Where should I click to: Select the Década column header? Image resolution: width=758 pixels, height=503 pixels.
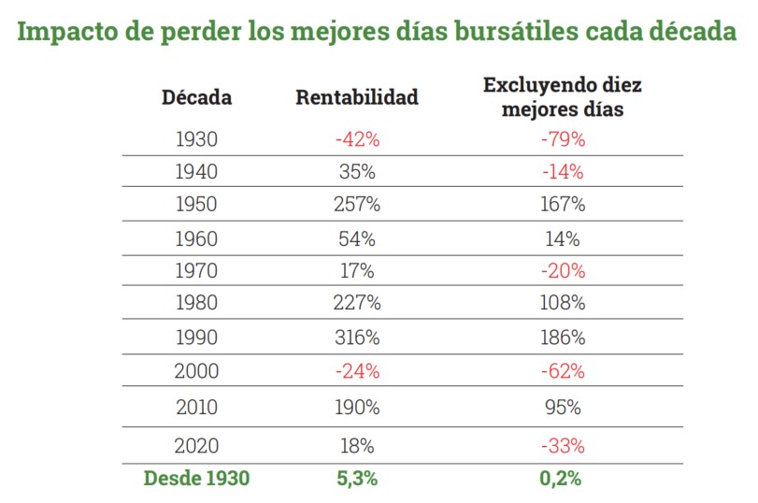196,97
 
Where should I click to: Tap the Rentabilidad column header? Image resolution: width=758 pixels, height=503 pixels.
357,97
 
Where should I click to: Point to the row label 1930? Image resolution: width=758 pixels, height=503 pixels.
196,139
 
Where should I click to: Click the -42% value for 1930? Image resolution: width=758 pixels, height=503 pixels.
357,139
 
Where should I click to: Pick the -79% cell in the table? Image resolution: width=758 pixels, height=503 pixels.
564,139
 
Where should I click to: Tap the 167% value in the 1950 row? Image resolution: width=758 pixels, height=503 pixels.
564,204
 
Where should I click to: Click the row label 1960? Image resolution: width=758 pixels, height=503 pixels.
196,238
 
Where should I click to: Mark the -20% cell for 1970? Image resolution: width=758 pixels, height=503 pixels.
564,271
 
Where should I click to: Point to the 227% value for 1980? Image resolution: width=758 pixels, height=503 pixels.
357,304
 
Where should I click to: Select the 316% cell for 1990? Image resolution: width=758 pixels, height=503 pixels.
357,338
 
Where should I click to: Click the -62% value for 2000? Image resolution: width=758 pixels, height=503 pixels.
564,371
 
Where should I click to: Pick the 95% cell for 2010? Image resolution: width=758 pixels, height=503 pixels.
564,408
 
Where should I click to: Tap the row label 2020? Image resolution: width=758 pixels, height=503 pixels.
196,445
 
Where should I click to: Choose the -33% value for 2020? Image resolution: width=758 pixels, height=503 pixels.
564,445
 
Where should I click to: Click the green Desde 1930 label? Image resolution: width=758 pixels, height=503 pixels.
196,479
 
